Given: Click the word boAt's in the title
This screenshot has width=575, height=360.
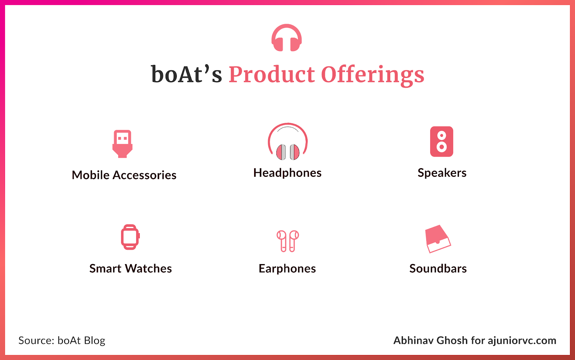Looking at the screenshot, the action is [x=187, y=74].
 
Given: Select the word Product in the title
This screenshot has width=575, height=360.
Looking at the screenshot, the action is [x=272, y=74].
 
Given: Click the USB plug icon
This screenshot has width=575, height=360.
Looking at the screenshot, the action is [x=123, y=144].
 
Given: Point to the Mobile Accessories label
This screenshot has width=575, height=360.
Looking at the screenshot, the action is [x=124, y=175].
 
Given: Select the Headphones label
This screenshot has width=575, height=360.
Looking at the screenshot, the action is [x=287, y=173].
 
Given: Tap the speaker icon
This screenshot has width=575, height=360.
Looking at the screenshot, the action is [x=442, y=142].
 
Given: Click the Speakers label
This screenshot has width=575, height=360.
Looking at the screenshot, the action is [x=442, y=173].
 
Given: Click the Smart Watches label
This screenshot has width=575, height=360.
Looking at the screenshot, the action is [x=130, y=268].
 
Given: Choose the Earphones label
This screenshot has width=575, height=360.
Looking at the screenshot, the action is [x=287, y=269].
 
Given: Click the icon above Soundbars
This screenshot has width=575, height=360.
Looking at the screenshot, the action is [x=438, y=239].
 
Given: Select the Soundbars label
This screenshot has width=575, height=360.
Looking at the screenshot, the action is [x=438, y=268].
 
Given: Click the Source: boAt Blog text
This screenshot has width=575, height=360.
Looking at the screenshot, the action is [x=61, y=341].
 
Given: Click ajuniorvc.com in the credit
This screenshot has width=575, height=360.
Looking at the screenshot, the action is [x=522, y=341].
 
